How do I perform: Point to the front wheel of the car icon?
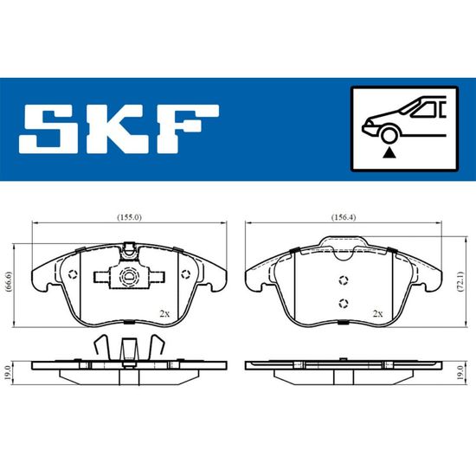(x=389, y=135)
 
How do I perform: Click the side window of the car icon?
(x=425, y=110)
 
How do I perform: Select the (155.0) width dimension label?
(x=129, y=217)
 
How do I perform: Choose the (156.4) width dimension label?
(x=344, y=217)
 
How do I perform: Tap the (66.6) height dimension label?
(x=9, y=282)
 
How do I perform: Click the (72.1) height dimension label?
(x=460, y=282)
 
